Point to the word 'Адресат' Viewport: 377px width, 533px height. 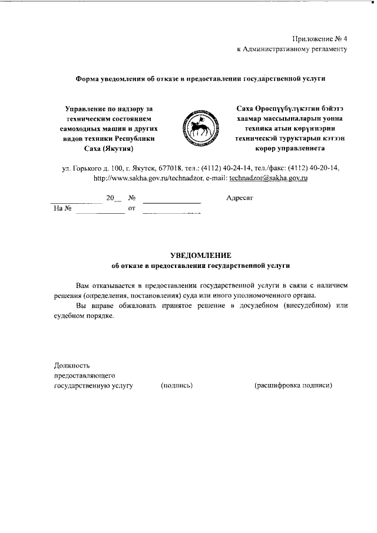click(239, 198)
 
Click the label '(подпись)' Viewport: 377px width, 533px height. click(177, 385)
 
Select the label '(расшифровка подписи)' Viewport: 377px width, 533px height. click(293, 385)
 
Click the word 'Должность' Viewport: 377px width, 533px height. click(71, 365)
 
